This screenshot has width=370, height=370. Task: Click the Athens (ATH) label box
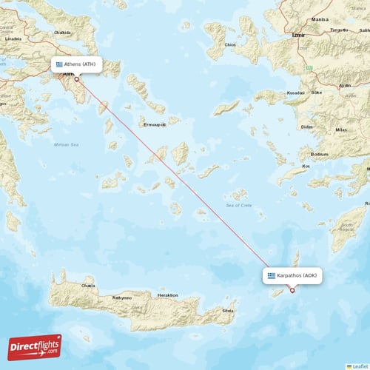76,64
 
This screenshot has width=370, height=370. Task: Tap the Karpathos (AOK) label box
292,275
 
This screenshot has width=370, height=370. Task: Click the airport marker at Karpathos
292,290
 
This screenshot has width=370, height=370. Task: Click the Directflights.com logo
35,346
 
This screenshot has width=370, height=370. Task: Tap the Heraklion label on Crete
167,295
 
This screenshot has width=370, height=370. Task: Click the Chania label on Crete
89,284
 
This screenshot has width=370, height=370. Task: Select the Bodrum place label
320,154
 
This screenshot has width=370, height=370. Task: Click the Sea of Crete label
238,204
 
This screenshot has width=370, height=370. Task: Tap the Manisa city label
320,20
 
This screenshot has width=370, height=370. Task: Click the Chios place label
231,44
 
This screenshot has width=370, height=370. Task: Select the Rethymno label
122,297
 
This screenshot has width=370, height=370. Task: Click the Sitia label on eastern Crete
228,311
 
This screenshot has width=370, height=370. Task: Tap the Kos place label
306,166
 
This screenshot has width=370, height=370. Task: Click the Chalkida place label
63,33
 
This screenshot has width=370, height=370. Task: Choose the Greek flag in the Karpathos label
272,275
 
